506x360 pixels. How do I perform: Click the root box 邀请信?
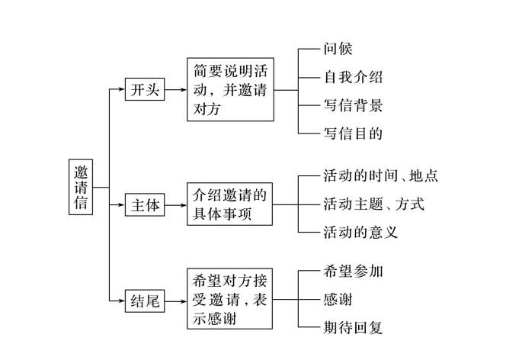click(81, 187)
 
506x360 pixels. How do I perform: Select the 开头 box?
click(145, 90)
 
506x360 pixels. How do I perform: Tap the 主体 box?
click(145, 204)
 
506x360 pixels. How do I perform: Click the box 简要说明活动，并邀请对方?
click(230, 90)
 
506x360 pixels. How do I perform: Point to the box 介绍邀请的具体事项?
click(230, 204)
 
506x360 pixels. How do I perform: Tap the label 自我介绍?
click(353, 77)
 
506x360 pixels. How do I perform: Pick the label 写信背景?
click(353, 105)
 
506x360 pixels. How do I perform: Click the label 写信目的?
click(353, 133)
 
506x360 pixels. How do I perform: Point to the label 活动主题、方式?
click(374, 204)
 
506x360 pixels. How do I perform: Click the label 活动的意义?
click(360, 232)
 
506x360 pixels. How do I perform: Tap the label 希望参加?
click(353, 272)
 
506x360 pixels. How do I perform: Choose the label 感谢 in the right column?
click(338, 300)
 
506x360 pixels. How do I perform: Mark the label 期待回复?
click(353, 328)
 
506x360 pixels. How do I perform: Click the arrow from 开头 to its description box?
click(175, 90)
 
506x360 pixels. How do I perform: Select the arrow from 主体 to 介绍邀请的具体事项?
click(175, 204)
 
